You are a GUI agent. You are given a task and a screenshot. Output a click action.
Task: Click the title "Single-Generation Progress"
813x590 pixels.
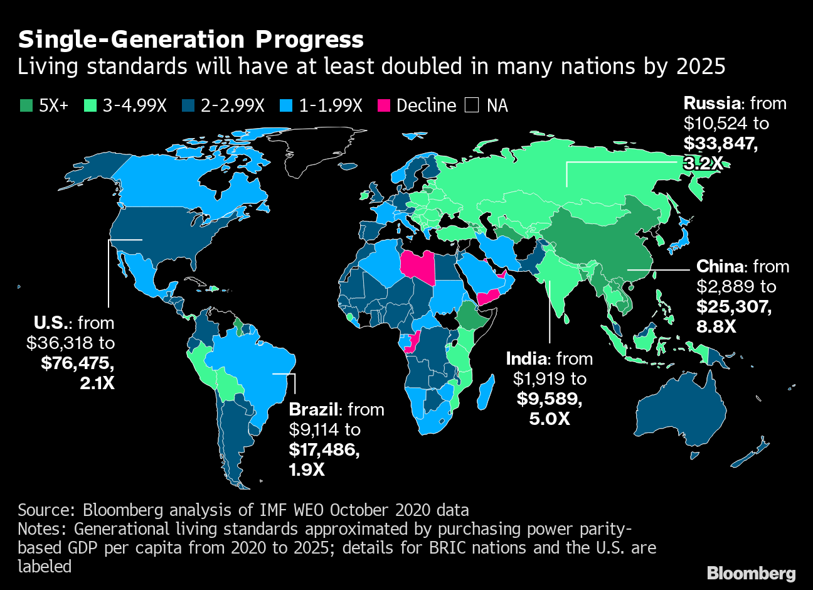point(191,40)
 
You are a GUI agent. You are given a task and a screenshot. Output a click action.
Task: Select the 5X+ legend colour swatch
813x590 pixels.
point(26,105)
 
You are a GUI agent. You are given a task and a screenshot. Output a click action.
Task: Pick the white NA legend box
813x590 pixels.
point(471,105)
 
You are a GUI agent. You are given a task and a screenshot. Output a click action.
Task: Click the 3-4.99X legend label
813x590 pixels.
point(134,105)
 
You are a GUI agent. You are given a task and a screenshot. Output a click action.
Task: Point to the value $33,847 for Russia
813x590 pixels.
point(720,143)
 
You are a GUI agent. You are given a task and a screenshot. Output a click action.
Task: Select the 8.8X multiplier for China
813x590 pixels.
point(716,327)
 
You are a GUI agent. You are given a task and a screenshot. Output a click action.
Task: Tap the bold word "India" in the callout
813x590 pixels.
point(526,359)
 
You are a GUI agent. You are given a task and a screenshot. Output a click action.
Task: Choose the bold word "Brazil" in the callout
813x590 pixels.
point(313,410)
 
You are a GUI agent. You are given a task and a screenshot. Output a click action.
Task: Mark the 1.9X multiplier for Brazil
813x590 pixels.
point(307,469)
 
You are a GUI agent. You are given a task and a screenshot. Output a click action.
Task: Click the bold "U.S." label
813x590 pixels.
point(53,323)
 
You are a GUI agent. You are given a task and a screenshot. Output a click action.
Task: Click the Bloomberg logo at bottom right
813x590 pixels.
point(751,573)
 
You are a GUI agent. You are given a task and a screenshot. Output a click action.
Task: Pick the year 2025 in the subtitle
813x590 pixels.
point(701,67)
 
